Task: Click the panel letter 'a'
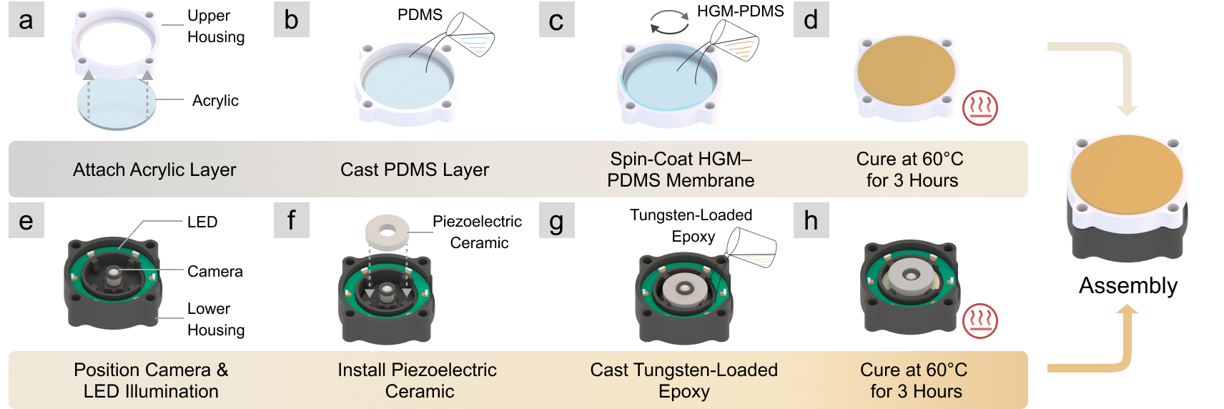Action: tap(26, 20)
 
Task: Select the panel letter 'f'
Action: tap(291, 220)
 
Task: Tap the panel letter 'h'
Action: tap(811, 220)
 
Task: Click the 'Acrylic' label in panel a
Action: tap(215, 101)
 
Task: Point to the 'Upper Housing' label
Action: tap(215, 26)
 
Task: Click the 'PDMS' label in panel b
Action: tap(420, 15)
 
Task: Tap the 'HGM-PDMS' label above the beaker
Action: tap(740, 11)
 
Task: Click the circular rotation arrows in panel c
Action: tap(669, 22)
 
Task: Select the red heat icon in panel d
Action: tap(979, 108)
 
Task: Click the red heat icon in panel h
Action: tap(979, 321)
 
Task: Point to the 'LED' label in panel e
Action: tap(202, 222)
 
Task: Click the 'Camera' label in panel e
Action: tap(214, 272)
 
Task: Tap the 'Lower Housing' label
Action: tap(215, 320)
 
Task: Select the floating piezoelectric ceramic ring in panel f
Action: tap(387, 232)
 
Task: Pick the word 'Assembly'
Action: tap(1127, 286)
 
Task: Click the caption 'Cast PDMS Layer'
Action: tap(415, 170)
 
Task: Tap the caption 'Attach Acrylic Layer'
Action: tap(154, 170)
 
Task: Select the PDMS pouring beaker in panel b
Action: tap(470, 35)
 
